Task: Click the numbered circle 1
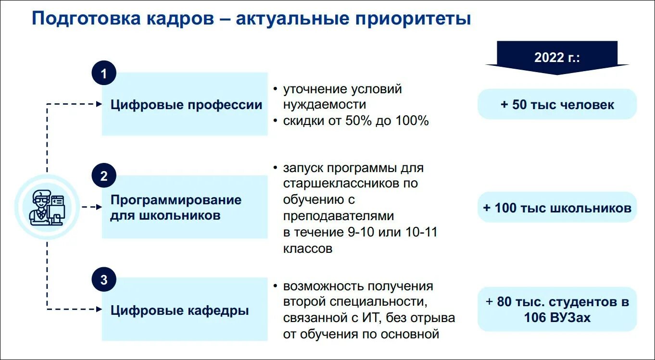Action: (x=104, y=74)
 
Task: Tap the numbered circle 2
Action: (x=104, y=176)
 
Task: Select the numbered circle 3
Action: (x=104, y=280)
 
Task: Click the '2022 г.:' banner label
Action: (x=557, y=58)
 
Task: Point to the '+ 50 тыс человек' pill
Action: (x=557, y=104)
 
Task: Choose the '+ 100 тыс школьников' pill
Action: (x=557, y=208)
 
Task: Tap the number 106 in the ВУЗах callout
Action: (x=536, y=318)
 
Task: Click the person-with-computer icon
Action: (x=47, y=208)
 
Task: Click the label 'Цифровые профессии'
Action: (x=186, y=105)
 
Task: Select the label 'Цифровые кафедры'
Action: (x=179, y=310)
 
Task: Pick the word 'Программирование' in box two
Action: (x=176, y=200)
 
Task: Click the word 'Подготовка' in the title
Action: (x=86, y=19)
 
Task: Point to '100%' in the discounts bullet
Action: (x=412, y=121)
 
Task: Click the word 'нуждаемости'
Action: (x=324, y=105)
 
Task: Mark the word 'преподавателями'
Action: (x=339, y=216)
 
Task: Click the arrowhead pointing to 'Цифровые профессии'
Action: (x=99, y=104)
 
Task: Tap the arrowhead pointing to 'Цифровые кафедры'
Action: (x=99, y=310)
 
